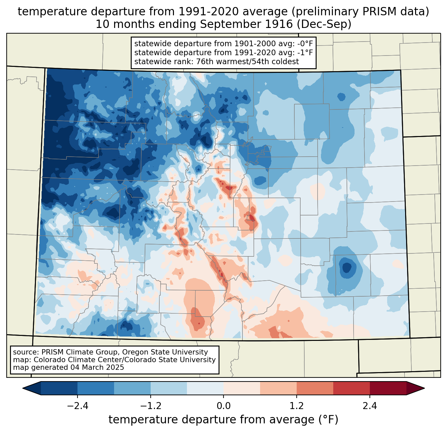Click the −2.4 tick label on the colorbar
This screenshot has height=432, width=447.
click(x=77, y=406)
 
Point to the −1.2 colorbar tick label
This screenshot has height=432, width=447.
click(x=150, y=406)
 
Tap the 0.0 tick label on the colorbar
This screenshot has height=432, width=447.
click(x=223, y=406)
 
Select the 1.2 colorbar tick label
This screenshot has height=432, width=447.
click(x=297, y=406)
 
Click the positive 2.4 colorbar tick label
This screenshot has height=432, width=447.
click(x=370, y=406)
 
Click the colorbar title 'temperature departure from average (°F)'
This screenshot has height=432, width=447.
click(x=223, y=420)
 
